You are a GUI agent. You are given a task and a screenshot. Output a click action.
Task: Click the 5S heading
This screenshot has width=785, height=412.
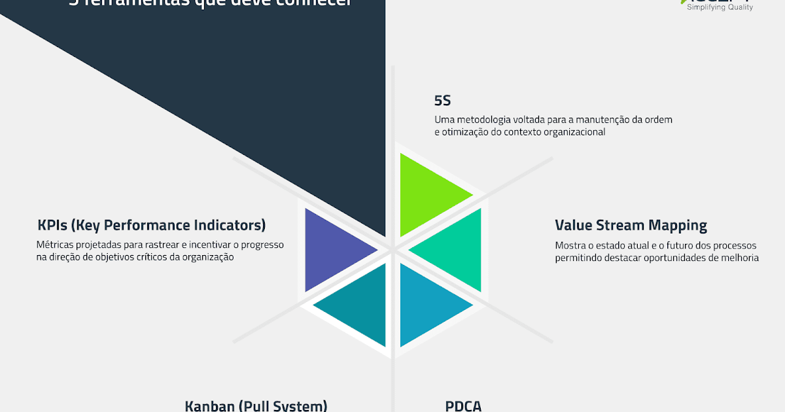(x=443, y=101)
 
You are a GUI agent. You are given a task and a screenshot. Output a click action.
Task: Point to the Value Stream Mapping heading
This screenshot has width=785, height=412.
(x=631, y=226)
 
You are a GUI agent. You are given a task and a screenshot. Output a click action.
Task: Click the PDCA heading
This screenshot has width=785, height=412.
(x=463, y=405)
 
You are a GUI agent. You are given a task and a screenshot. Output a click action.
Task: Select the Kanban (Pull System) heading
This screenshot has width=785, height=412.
(x=256, y=405)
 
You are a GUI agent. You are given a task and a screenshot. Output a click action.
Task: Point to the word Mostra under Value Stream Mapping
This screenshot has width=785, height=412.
(x=570, y=246)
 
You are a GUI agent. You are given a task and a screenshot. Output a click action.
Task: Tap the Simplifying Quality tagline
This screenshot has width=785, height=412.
(x=720, y=7)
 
